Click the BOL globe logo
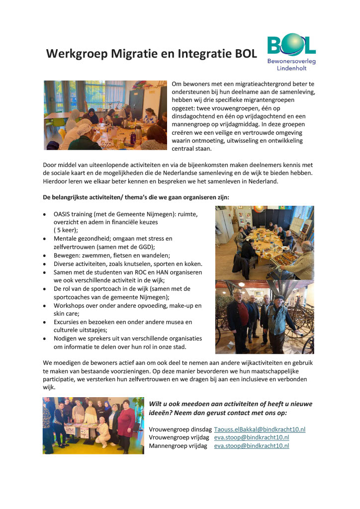pyautogui.click(x=291, y=45)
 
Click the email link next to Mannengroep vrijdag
pyautogui.click(x=252, y=446)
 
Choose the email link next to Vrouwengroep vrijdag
pyautogui.click(x=252, y=437)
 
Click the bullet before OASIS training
pyautogui.click(x=45, y=214)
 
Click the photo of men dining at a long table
pyautogui.click(x=264, y=242)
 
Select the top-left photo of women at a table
pyautogui.click(x=105, y=115)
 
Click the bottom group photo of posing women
pyautogui.click(x=93, y=425)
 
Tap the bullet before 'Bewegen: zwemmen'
pyautogui.click(x=45, y=255)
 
